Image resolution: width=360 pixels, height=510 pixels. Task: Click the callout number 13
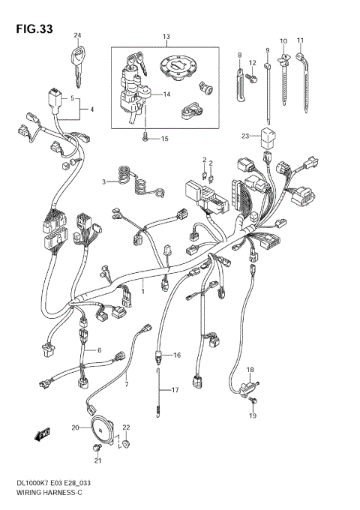click(166, 37)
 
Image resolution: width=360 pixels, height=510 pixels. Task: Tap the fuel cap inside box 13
click(179, 68)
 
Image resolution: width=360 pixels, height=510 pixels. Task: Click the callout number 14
click(166, 94)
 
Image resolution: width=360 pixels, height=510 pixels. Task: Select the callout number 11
click(300, 40)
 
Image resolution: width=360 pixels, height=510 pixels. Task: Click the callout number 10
click(283, 40)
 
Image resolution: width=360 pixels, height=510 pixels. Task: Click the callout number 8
click(240, 55)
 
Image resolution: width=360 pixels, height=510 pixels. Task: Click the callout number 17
click(175, 390)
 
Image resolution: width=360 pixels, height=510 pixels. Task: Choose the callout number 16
click(176, 355)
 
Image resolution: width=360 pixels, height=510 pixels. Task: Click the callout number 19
click(252, 415)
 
